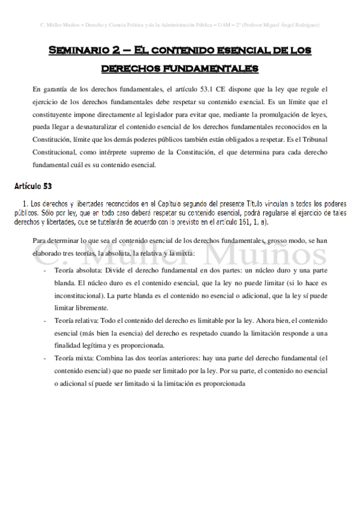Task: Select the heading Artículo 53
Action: click(33, 183)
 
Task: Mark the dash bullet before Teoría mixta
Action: click(46, 358)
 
